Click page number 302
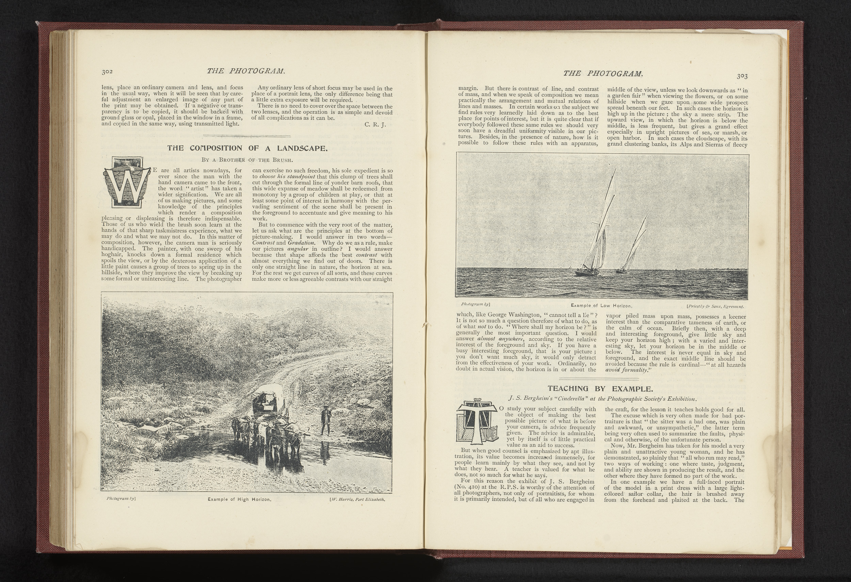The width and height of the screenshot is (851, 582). tap(109, 72)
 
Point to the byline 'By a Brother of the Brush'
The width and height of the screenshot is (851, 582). tap(246, 159)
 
